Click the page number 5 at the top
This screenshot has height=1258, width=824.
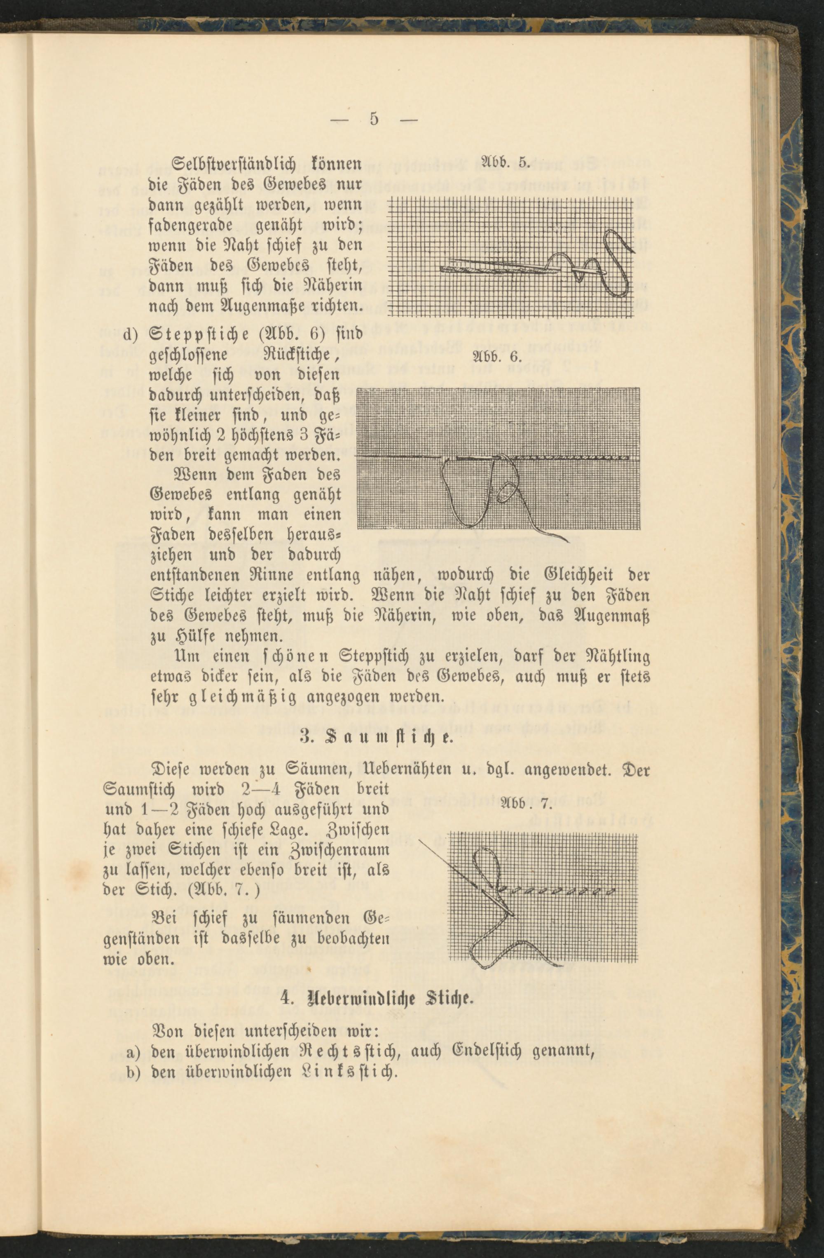pyautogui.click(x=374, y=120)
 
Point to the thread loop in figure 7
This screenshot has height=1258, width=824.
pyautogui.click(x=489, y=861)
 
